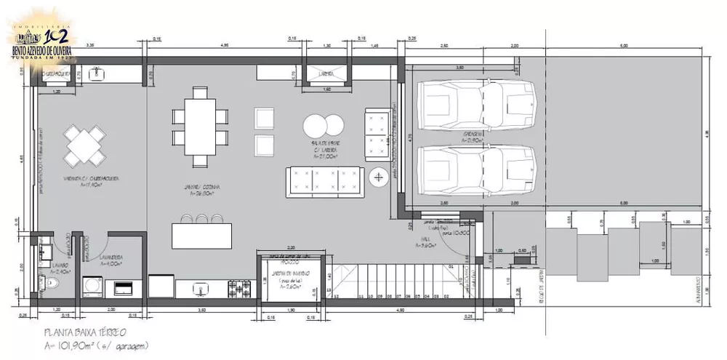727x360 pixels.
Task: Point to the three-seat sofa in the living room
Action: pyautogui.click(x=326, y=180)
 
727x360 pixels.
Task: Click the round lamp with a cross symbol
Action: pyautogui.click(x=379, y=177)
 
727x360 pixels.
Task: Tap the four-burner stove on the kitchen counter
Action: pyautogui.click(x=238, y=289)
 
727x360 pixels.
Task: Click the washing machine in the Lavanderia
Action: pyautogui.click(x=93, y=287)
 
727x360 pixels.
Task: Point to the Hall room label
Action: pyautogui.click(x=425, y=243)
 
